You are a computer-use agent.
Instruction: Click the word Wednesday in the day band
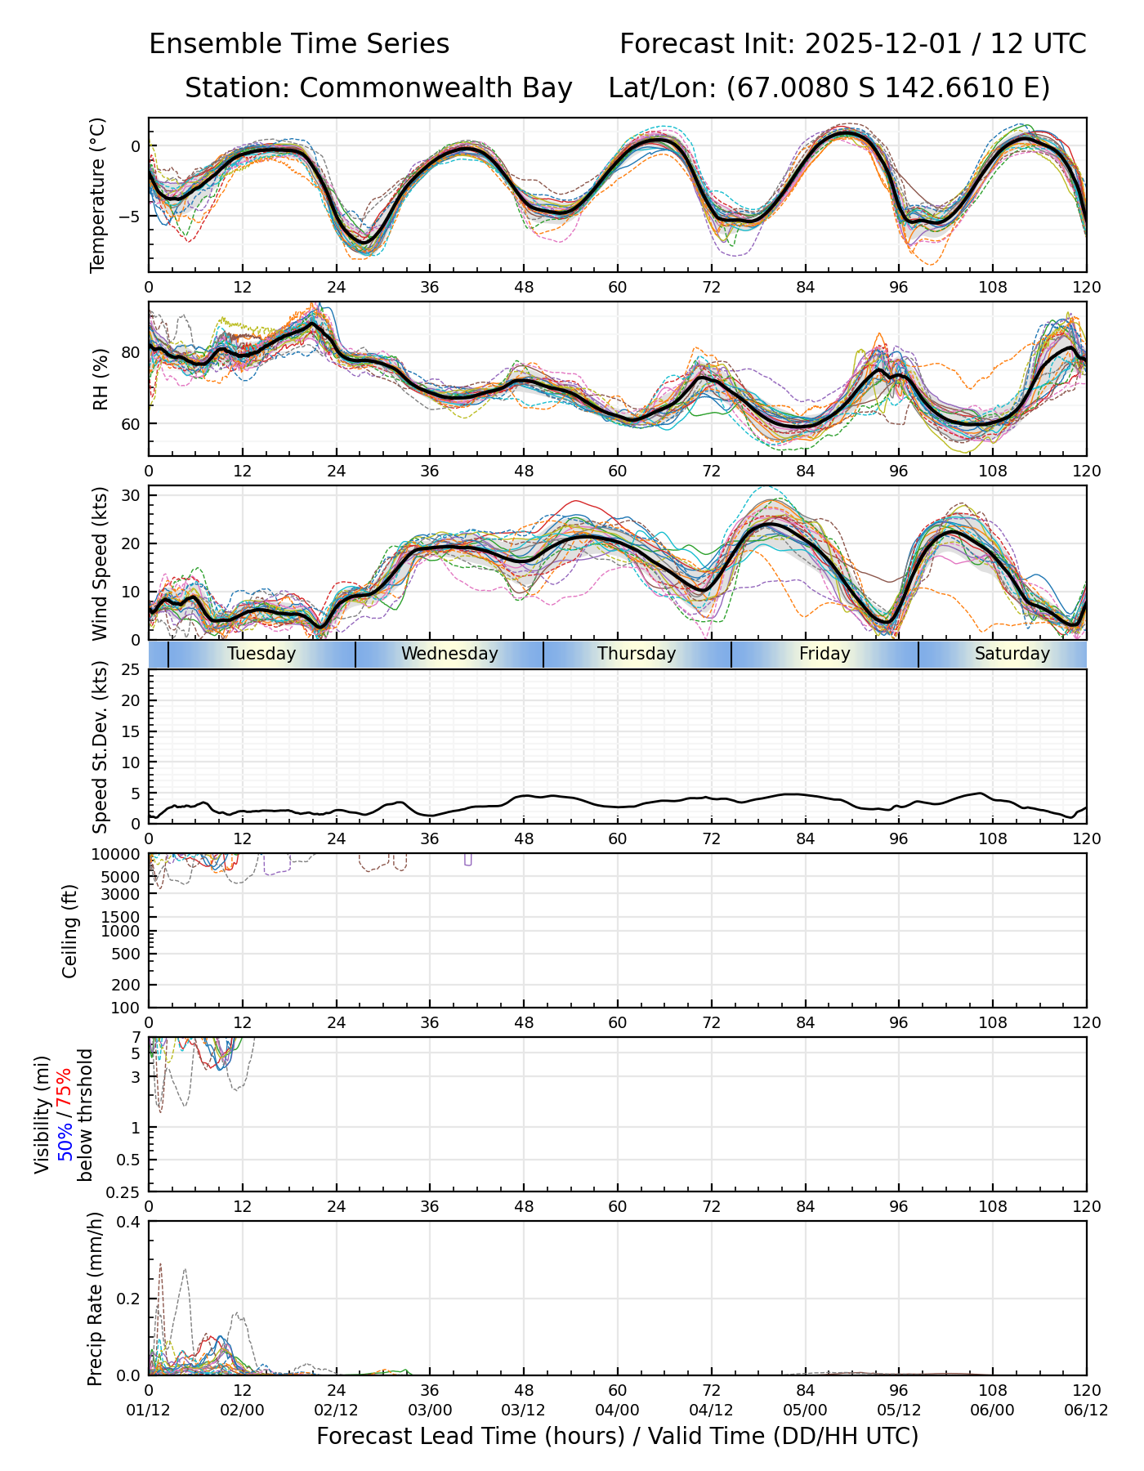(x=449, y=654)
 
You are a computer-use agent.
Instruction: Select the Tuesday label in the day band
(x=261, y=654)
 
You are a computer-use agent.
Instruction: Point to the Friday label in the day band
(x=824, y=654)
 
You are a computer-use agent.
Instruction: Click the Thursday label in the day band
(x=637, y=654)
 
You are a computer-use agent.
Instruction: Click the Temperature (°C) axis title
(x=98, y=194)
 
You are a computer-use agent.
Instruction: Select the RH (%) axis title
(x=100, y=378)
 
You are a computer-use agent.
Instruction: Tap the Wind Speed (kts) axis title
(x=100, y=563)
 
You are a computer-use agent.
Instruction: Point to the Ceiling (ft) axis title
(x=70, y=931)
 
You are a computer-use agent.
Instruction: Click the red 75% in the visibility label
(x=65, y=1085)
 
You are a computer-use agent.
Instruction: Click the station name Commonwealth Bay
(x=436, y=88)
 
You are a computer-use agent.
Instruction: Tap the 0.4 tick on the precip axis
(x=129, y=1222)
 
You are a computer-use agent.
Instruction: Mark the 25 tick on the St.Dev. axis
(x=132, y=670)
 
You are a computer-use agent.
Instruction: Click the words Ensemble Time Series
(x=299, y=44)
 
